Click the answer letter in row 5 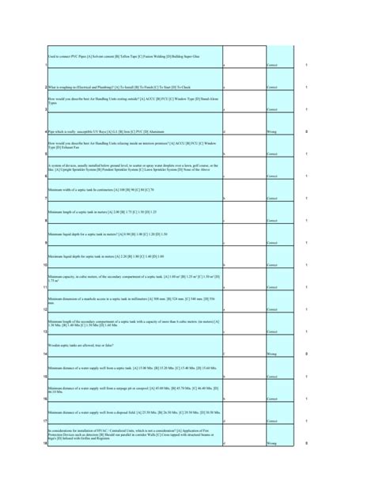click(224, 153)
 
